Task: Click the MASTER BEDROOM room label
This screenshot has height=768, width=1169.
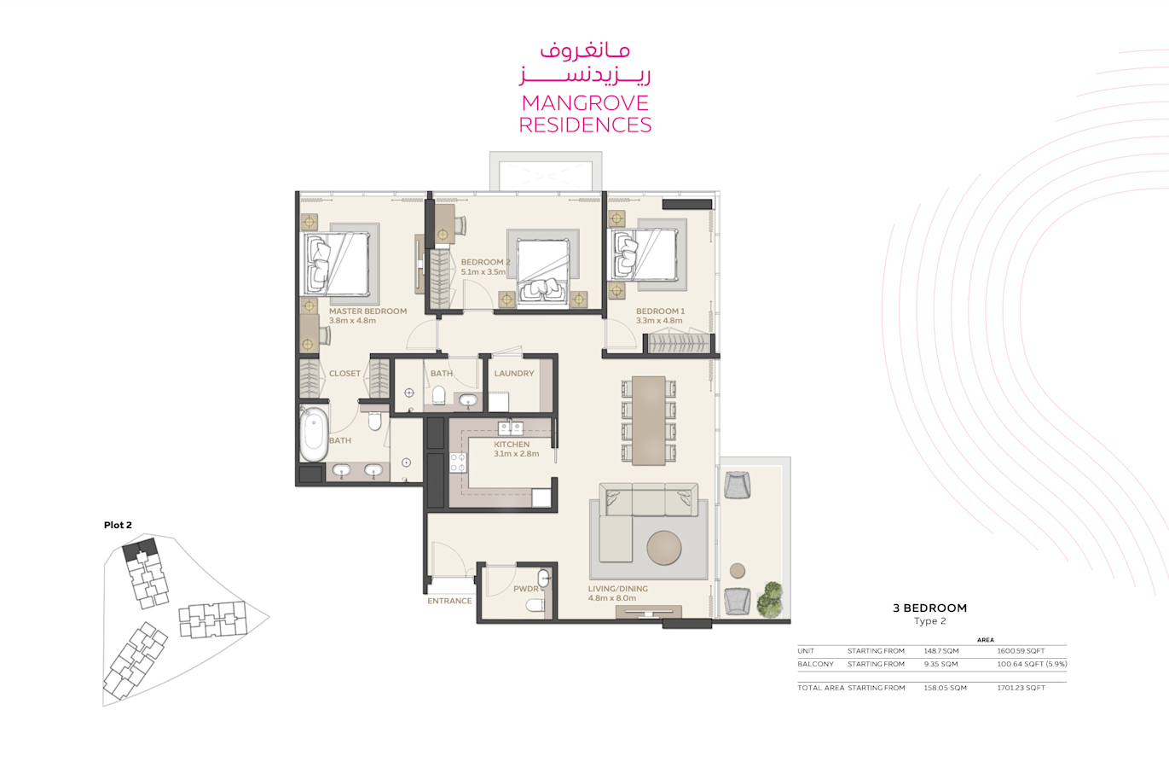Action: pos(367,311)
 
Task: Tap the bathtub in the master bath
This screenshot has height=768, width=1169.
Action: pos(314,434)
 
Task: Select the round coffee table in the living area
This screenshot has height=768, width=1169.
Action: pos(664,548)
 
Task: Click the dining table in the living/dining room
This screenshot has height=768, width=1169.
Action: pos(649,421)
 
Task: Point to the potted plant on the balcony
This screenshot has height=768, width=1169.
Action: pos(770,599)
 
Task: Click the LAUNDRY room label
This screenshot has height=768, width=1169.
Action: pos(514,374)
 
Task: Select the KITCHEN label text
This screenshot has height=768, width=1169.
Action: pos(512,444)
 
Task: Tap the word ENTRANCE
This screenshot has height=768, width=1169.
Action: pos(449,601)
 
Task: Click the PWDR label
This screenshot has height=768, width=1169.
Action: pos(525,589)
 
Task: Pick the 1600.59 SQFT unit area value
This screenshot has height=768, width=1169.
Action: pos(1021,651)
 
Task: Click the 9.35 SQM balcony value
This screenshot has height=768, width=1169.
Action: pos(941,664)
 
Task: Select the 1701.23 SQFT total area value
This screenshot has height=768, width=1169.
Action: pos(1021,688)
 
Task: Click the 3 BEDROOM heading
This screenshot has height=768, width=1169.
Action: pos(930,608)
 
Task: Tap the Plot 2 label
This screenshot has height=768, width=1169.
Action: pos(118,525)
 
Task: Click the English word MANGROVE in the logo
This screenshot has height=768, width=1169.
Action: pos(585,103)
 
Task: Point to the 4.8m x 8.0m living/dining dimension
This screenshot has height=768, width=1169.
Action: pos(612,598)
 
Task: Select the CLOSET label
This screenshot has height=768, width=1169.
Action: pos(344,374)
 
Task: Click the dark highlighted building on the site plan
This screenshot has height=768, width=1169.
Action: pos(139,548)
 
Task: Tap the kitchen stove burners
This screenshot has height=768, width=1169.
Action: pos(458,463)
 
